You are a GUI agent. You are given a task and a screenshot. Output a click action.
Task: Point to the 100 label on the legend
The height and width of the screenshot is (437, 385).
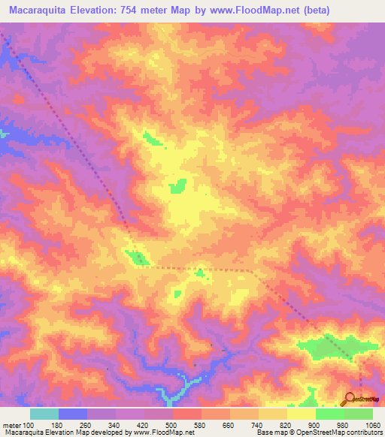(x=29, y=424)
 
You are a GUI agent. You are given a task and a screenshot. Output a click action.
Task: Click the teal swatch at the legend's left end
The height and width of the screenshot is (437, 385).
(x=44, y=414)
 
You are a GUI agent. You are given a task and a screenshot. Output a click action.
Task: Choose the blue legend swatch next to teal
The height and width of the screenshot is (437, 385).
(x=73, y=414)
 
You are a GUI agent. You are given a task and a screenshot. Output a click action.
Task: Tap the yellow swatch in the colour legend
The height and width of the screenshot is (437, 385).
(x=302, y=414)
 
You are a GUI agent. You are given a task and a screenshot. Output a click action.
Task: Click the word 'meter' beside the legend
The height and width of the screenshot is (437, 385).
(x=11, y=424)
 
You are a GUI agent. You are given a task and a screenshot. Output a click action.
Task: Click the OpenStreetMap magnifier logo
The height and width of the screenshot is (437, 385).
(x=350, y=398)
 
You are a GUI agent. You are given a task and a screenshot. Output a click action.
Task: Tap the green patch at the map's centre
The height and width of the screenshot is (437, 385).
(x=178, y=186)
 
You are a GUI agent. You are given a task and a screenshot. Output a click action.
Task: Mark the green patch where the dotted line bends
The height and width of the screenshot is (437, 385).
(x=138, y=258)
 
